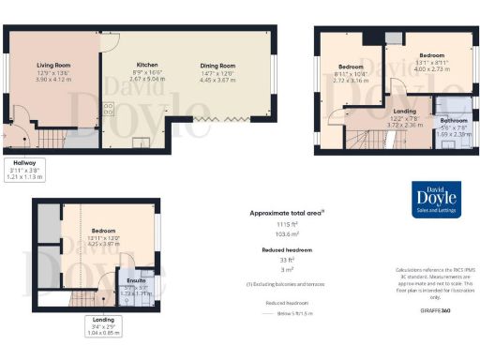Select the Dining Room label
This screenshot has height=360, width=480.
(216, 66)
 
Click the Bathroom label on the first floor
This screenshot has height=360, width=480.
(454, 121)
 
